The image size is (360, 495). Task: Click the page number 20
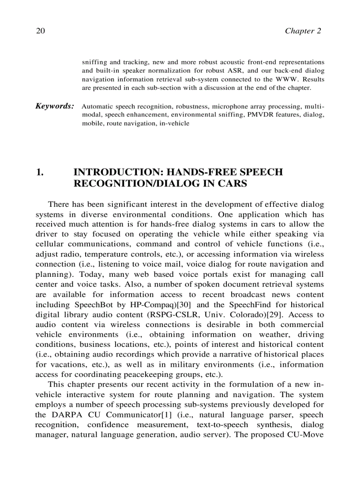41,31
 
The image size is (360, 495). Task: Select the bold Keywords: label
54,106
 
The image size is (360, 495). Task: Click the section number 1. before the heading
40,172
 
